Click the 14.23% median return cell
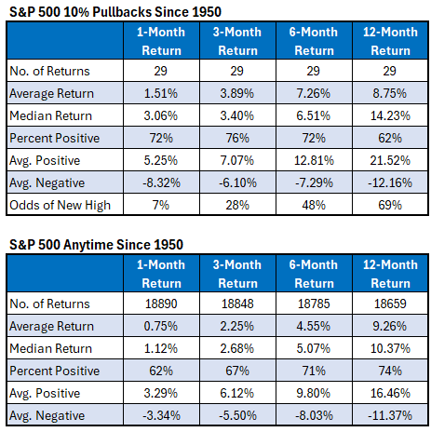tap(390, 115)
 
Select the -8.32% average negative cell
tap(161, 182)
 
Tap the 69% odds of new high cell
tap(390, 205)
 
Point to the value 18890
tap(161, 304)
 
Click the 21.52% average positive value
tap(390, 160)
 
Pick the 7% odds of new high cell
tap(161, 205)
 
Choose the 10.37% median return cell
tap(390, 348)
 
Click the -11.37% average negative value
tap(390, 415)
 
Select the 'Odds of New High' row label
tap(60, 205)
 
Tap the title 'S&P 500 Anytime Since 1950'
tap(96, 245)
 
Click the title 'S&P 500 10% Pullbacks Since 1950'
tap(115, 12)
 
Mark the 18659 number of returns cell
tap(390, 304)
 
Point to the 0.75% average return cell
tap(161, 326)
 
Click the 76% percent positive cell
tap(237, 138)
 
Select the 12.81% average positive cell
tap(314, 160)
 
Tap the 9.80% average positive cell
tap(314, 393)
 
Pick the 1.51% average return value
tap(161, 93)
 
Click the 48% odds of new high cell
tap(314, 205)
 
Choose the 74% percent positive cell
tap(390, 371)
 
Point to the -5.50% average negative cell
tap(237, 415)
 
